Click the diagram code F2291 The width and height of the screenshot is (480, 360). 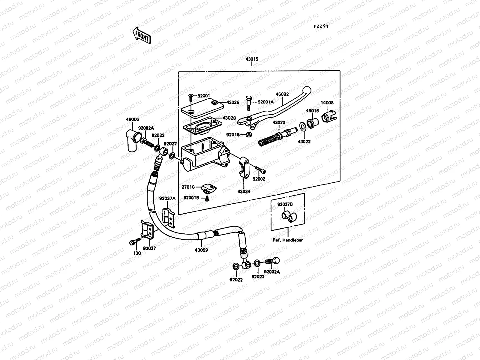[321, 26]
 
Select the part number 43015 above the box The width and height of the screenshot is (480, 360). [252, 59]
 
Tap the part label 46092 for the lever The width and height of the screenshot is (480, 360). [282, 94]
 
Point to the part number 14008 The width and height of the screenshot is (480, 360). [327, 103]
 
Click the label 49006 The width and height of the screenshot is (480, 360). [132, 119]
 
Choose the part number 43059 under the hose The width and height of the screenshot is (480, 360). [201, 250]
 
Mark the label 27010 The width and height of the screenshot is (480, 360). [188, 187]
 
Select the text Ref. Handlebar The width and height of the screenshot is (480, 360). [288, 240]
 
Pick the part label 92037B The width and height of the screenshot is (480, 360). [285, 205]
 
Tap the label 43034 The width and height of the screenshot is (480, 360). [244, 191]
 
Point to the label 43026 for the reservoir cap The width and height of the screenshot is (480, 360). [233, 102]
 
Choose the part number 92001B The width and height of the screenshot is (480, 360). [191, 198]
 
